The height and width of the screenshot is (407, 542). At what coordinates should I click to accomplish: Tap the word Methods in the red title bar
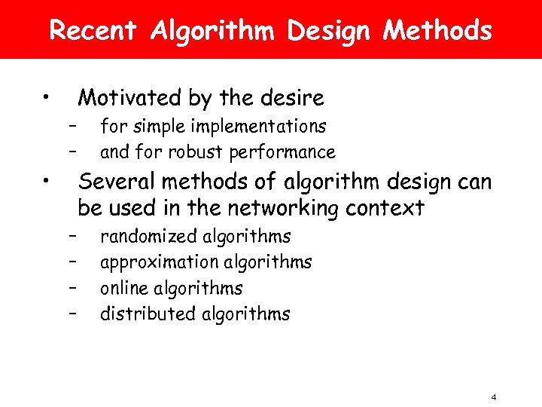(x=437, y=31)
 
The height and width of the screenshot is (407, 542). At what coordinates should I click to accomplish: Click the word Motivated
(x=127, y=98)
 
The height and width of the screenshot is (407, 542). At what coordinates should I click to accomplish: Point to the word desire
(x=289, y=98)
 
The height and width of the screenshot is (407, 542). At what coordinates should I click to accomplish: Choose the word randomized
(x=149, y=237)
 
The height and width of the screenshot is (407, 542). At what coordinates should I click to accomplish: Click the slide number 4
(x=494, y=397)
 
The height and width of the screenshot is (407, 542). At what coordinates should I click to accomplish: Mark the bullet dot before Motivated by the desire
(x=47, y=96)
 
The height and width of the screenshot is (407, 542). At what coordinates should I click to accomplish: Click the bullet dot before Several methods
(x=47, y=181)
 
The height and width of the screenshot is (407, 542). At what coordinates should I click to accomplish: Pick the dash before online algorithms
(x=73, y=288)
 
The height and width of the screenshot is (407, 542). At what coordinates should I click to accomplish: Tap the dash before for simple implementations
(x=73, y=126)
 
